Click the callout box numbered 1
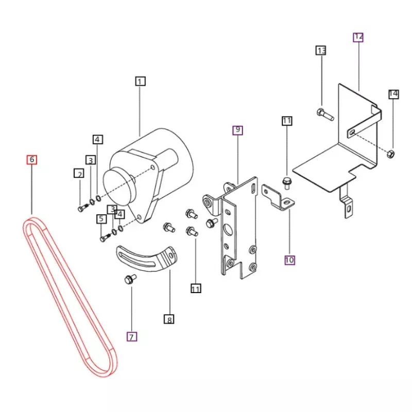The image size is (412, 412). pyautogui.click(x=140, y=81)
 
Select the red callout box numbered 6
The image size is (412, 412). pyautogui.click(x=32, y=160)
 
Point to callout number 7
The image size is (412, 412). pyautogui.click(x=132, y=337)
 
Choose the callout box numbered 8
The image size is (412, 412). pyautogui.click(x=169, y=319)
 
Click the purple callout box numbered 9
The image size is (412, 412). pyautogui.click(x=237, y=130)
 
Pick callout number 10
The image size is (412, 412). pyautogui.click(x=289, y=260)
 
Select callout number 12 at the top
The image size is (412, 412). pyautogui.click(x=358, y=37)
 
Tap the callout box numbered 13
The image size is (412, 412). pyautogui.click(x=321, y=50)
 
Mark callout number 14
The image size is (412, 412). pyautogui.click(x=393, y=94)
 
